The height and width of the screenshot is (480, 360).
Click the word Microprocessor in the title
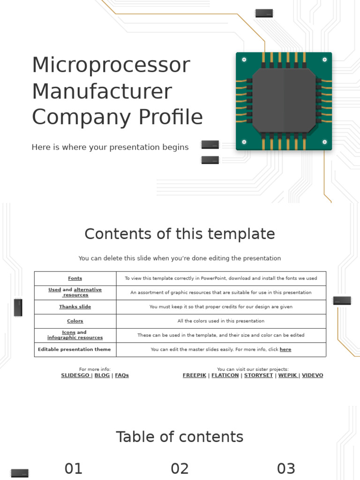pyautogui.click(x=111, y=65)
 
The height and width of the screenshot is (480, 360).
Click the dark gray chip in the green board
pyautogui.click(x=284, y=100)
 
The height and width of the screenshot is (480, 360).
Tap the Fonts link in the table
pyautogui.click(x=75, y=278)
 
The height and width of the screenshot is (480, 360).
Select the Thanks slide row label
pyautogui.click(x=75, y=307)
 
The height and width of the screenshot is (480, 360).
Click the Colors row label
pyautogui.click(x=75, y=321)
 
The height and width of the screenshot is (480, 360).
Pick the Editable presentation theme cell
pyautogui.click(x=75, y=350)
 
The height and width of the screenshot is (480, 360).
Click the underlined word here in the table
pyautogui.click(x=285, y=350)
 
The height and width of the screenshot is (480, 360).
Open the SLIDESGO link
pyautogui.click(x=75, y=375)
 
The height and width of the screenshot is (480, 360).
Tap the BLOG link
pyautogui.click(x=102, y=375)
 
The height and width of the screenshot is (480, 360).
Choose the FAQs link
pyautogui.click(x=122, y=375)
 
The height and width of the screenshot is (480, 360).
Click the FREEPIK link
pyautogui.click(x=194, y=375)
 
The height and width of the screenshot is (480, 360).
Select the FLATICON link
pyautogui.click(x=225, y=375)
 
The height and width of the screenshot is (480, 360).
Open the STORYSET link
pyautogui.click(x=258, y=375)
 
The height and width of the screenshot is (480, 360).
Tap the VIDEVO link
pyautogui.click(x=312, y=375)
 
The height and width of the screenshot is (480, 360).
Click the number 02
pyautogui.click(x=180, y=469)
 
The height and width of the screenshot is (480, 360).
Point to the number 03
pyautogui.click(x=286, y=469)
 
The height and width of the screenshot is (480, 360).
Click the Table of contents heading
pyautogui.click(x=180, y=437)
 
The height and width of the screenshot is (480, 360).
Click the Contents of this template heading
pyautogui.click(x=180, y=234)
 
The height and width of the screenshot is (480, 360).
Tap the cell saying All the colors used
pyautogui.click(x=221, y=321)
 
